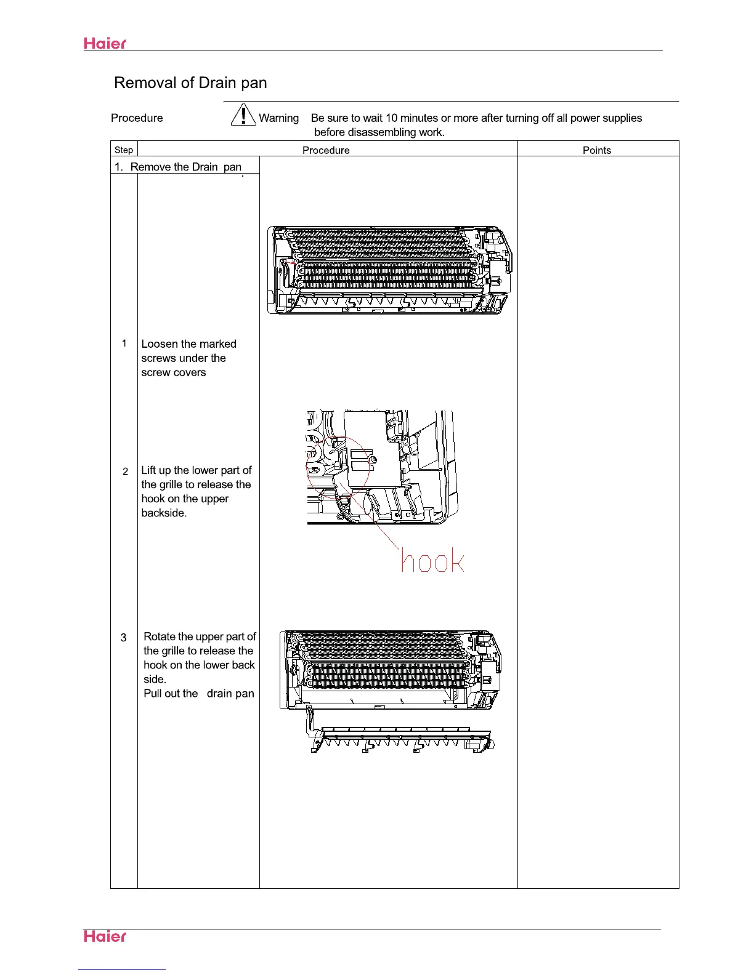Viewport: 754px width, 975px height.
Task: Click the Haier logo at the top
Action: pos(105,44)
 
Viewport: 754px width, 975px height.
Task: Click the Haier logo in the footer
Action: pos(105,936)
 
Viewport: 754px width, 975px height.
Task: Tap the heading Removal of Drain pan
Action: pos(190,83)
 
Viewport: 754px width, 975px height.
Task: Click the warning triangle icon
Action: pos(243,116)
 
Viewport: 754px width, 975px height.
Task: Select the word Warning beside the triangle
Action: pos(278,118)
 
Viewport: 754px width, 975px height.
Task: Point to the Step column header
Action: pos(124,150)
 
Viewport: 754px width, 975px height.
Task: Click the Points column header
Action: pos(596,150)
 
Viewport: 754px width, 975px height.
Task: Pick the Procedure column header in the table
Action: pos(326,150)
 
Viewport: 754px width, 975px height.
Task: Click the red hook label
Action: pos(432,561)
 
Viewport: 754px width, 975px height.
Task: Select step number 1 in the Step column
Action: pos(124,343)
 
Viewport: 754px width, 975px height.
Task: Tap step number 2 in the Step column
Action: pos(125,471)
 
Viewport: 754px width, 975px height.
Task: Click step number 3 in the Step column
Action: pos(124,638)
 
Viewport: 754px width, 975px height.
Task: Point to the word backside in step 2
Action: pos(163,513)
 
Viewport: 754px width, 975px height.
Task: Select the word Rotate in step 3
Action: pos(160,637)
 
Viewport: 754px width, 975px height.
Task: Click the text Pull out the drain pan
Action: pos(198,694)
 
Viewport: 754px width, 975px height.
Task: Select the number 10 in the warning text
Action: pos(391,118)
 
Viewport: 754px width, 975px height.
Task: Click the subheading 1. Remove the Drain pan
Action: pos(178,167)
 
